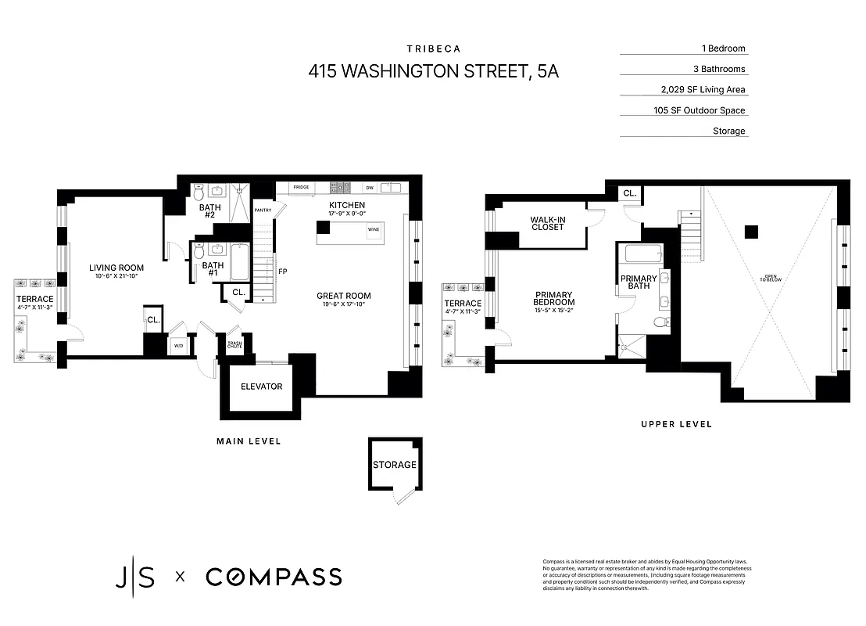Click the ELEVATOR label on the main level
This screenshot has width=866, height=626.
(x=261, y=387)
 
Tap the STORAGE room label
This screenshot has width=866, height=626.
(x=394, y=465)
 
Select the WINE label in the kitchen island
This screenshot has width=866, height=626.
(x=374, y=230)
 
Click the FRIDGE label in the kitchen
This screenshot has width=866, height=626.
(x=301, y=188)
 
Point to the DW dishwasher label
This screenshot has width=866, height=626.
(x=370, y=188)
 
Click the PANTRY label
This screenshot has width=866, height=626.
(x=263, y=210)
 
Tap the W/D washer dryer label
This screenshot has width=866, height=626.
(x=177, y=345)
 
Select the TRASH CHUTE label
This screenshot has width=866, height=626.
(x=234, y=344)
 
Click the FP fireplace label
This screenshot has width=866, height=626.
(x=282, y=272)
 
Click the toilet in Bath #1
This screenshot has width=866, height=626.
(x=199, y=252)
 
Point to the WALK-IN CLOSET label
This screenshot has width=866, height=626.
(x=548, y=225)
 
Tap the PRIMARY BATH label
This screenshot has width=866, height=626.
(x=639, y=282)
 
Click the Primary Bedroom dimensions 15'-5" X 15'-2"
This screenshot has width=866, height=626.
(x=554, y=311)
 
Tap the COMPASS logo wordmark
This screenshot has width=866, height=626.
(x=274, y=577)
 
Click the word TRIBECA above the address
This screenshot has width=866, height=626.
(x=433, y=49)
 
